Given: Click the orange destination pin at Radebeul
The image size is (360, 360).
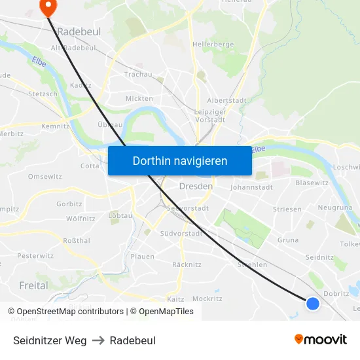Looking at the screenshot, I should pos(48,6).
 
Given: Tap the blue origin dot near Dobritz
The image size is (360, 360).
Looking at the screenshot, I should pos(313,303).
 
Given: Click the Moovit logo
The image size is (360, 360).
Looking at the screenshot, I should pos(320,340).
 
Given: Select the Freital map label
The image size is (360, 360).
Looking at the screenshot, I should pos(33,285).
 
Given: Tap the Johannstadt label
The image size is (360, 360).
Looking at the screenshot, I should pos(251,187).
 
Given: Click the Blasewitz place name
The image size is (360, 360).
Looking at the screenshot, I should pos(312,183).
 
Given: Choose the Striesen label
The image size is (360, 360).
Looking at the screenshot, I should pos(287,209).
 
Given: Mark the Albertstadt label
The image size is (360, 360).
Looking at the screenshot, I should pos(226,100).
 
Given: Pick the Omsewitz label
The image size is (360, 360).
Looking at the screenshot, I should pos(45,177).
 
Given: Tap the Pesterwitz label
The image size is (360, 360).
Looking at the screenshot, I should pos(35,256).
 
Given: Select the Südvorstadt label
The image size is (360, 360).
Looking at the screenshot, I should pos(181,233).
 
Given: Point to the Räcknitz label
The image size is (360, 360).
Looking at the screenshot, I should pos(186,264).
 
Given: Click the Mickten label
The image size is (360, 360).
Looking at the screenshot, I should pos(139,99).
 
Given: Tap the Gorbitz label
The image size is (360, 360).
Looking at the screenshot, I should pos(69,204).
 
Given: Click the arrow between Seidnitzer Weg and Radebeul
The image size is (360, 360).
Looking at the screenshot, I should pos(98,340).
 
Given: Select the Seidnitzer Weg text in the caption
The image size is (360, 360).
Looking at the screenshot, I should pos(50,340).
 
